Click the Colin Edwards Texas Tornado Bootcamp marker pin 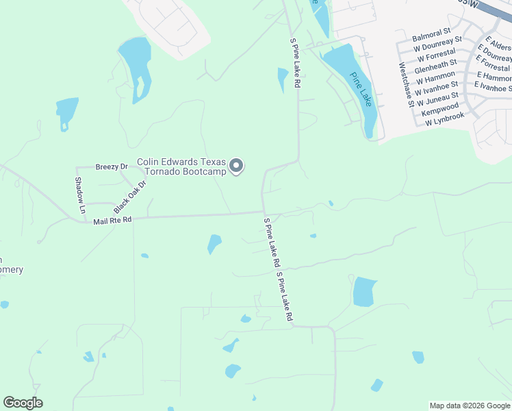236,166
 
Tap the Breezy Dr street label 112,166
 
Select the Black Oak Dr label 131,197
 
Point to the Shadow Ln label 79,194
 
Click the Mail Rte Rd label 112,220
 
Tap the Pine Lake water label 361,89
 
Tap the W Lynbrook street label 444,119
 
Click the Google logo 23,403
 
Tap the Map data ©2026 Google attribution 469,406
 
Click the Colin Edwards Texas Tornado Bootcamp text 181,166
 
